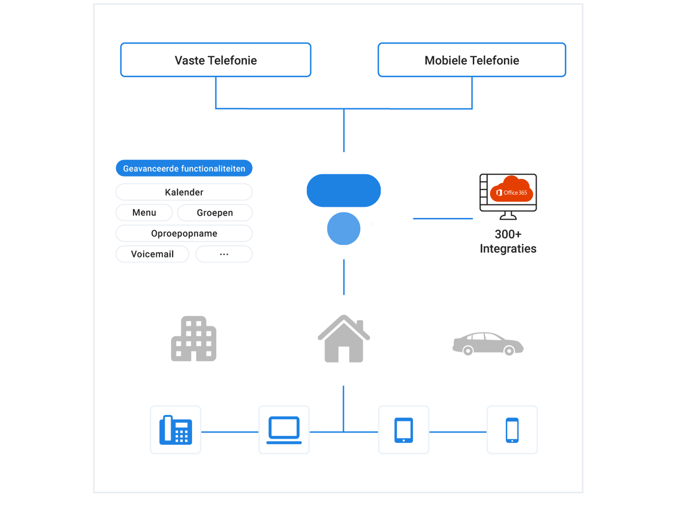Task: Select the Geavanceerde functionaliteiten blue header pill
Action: (x=184, y=168)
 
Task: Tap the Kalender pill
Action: (x=184, y=192)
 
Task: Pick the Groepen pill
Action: (x=215, y=213)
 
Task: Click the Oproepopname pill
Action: (x=184, y=233)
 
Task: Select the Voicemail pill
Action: (x=152, y=254)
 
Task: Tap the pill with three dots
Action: (x=224, y=254)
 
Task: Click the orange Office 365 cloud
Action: (x=512, y=190)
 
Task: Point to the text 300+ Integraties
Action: (x=508, y=241)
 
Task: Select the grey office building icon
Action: (x=194, y=339)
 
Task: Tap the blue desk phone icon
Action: (x=175, y=430)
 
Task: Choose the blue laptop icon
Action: (x=284, y=430)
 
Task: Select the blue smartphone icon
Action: (x=512, y=430)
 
